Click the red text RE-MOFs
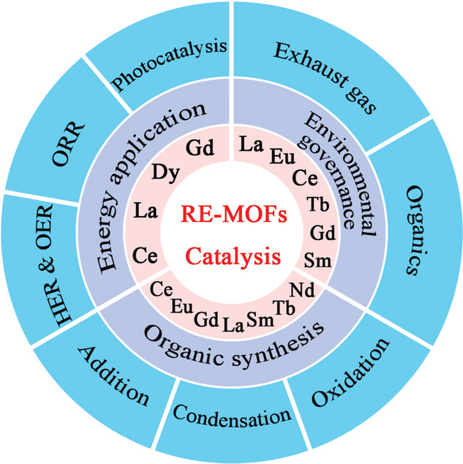point(231,217)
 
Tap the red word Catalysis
point(230,256)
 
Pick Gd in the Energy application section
point(198,149)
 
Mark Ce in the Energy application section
point(145,258)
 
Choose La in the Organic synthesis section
point(233,319)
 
